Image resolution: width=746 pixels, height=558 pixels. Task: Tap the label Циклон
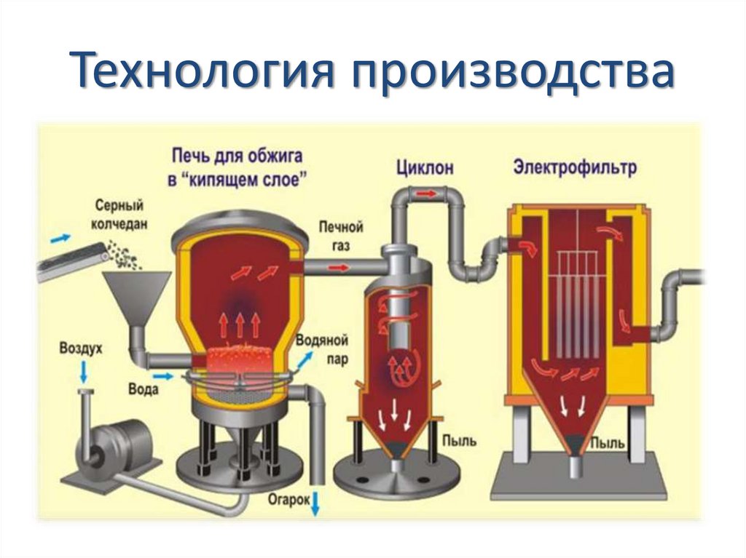pos(425,168)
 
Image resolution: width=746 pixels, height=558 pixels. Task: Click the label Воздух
pos(81,349)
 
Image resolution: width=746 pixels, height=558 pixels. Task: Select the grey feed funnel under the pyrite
pos(136,298)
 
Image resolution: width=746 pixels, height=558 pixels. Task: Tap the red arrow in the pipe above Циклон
pos(427,194)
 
